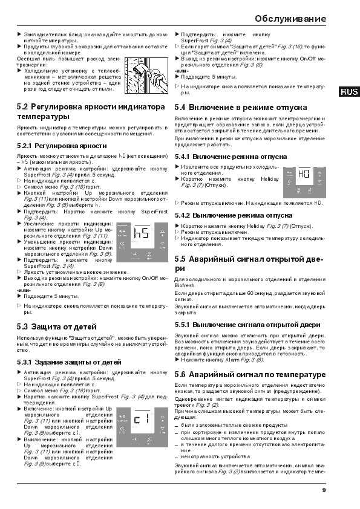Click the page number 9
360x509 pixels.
pyautogui.click(x=324, y=490)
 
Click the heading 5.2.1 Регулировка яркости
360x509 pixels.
pyautogui.click(x=57, y=146)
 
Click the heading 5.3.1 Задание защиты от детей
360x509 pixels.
pyautogui.click(x=65, y=361)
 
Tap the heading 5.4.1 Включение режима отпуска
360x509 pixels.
pyautogui.click(x=231, y=156)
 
